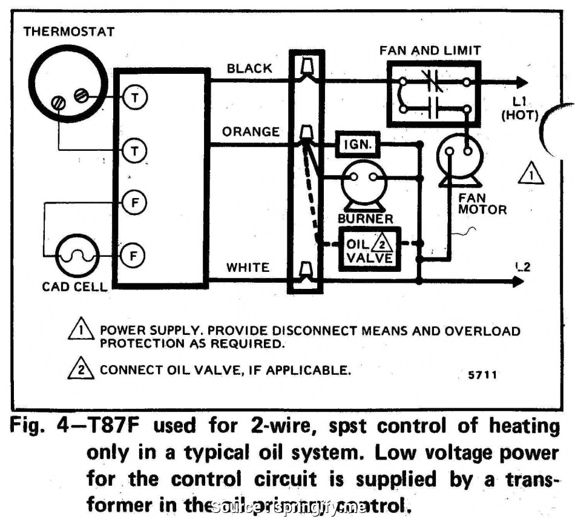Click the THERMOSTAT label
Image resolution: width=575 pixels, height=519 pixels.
[x=68, y=31]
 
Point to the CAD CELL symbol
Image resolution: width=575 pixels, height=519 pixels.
[x=76, y=256]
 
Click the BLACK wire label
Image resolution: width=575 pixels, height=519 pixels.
[x=249, y=68]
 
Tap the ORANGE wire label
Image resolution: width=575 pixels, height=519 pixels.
[x=251, y=131]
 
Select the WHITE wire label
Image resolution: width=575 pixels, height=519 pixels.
[x=248, y=267]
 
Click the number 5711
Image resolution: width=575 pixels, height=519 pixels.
[x=482, y=375]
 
